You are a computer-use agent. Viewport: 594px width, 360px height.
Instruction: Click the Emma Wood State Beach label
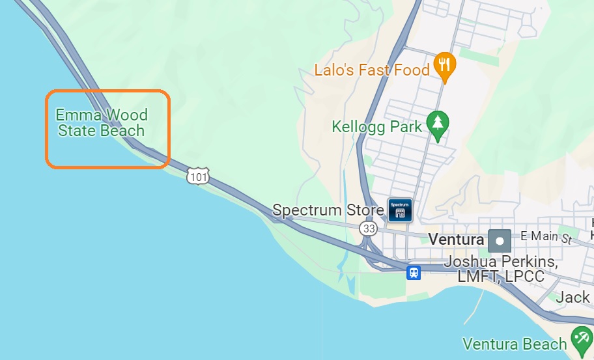(102, 123)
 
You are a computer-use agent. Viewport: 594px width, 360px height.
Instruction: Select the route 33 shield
(368, 228)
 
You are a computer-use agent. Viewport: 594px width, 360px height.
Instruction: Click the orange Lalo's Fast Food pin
(445, 66)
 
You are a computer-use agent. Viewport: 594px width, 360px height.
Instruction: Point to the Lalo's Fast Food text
(372, 70)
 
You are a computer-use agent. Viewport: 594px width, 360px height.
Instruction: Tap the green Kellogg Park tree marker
(438, 124)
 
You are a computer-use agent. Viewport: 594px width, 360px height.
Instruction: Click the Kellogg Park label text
(377, 126)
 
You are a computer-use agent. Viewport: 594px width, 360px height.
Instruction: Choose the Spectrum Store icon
(400, 210)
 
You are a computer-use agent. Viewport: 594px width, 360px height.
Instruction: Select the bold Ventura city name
(456, 240)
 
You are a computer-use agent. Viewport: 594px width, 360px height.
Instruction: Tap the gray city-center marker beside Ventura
(500, 240)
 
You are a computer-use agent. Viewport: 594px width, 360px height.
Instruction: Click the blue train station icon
(414, 272)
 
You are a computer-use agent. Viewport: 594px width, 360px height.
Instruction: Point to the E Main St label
(546, 237)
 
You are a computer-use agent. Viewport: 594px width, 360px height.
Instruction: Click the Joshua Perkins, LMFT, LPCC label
(500, 269)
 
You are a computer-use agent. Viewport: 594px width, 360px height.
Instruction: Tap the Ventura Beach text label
(515, 344)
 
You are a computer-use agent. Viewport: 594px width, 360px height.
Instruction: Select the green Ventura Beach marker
(580, 339)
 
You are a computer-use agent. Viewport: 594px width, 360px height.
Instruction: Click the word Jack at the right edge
(573, 298)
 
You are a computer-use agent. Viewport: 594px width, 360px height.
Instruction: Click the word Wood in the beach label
(126, 115)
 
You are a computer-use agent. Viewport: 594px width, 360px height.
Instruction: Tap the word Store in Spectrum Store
(365, 210)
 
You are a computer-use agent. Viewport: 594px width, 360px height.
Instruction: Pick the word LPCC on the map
(521, 277)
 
